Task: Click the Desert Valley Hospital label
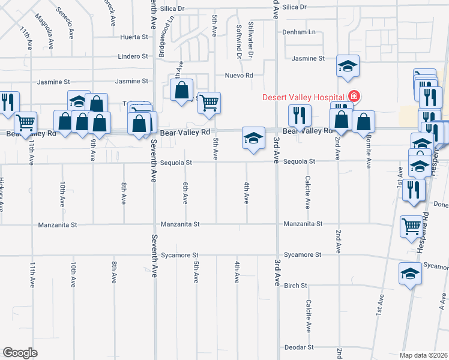[302, 97]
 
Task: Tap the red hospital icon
[354, 96]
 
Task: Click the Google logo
[20, 352]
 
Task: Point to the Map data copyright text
[423, 355]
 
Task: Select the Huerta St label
[134, 37]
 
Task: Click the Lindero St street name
[133, 56]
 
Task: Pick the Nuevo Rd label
[239, 76]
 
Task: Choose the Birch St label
[295, 286]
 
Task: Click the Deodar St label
[299, 347]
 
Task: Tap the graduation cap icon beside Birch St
[410, 274]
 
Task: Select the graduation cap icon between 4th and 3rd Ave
[253, 137]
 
